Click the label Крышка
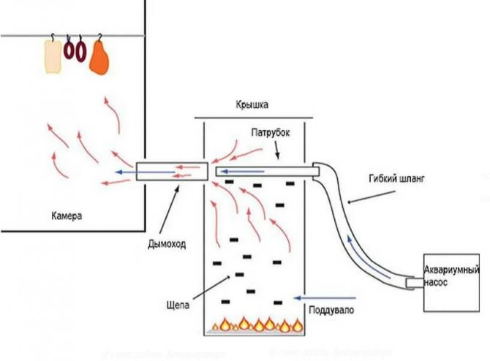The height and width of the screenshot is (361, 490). pos(251,104)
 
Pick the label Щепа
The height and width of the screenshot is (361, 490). pos(179,306)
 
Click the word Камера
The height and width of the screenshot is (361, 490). pos(67,217)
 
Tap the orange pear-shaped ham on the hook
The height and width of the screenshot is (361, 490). pos(99,57)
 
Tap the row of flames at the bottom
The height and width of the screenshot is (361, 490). pos(256,323)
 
